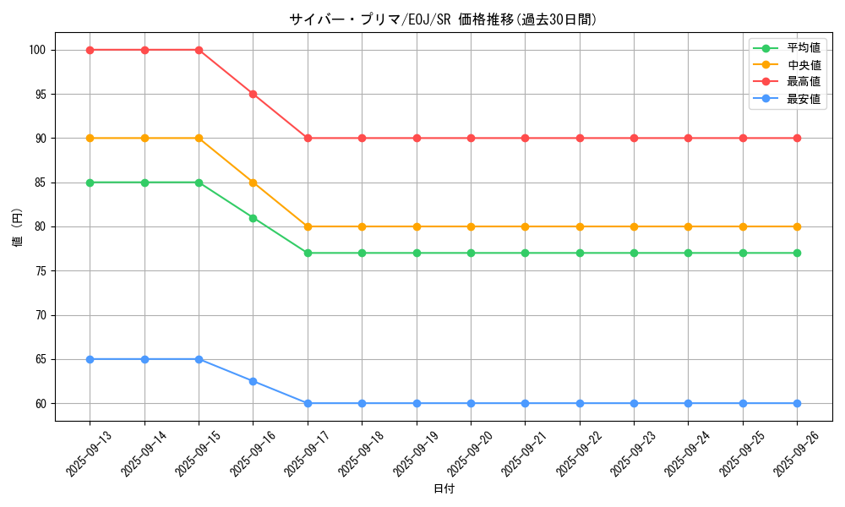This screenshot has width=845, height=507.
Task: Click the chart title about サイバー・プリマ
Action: (443, 19)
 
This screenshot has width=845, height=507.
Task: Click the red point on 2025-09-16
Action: (253, 94)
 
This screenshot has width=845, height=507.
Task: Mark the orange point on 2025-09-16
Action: (253, 183)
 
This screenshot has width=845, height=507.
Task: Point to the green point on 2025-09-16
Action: (253, 218)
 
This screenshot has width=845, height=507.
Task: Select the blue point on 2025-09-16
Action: (253, 381)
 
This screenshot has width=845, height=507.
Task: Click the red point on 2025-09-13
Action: (90, 50)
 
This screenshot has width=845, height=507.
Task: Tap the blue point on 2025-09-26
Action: (797, 403)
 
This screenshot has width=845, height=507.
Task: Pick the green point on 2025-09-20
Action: (471, 253)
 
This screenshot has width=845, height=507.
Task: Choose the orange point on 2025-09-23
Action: (634, 226)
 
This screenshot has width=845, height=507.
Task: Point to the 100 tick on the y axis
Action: (37, 50)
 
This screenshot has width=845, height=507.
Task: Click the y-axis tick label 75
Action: (41, 271)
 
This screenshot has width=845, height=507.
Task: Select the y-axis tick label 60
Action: (41, 403)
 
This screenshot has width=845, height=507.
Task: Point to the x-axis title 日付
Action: (443, 489)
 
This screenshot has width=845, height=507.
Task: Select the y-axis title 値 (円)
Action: (18, 227)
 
